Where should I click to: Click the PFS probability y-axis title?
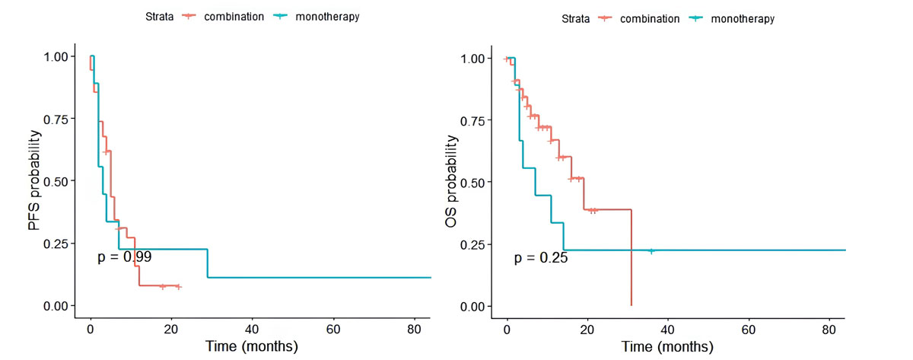(35, 180)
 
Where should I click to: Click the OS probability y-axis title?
(451, 182)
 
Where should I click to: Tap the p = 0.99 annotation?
(125, 257)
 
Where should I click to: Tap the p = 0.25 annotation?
(541, 258)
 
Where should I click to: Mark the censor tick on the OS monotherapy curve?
(651, 250)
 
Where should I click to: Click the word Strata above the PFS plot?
(161, 17)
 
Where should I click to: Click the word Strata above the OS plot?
(576, 19)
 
